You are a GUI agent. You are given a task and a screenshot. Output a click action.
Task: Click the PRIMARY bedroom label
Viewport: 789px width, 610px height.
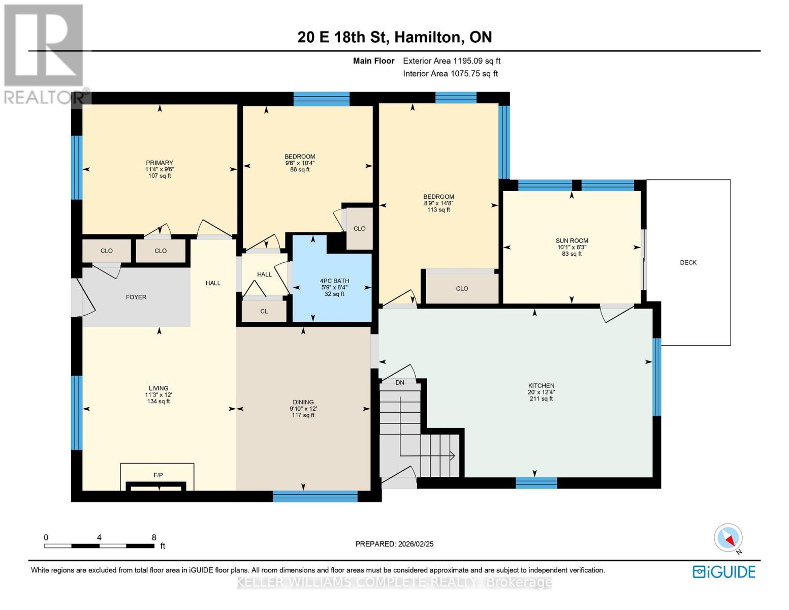pos(160,163)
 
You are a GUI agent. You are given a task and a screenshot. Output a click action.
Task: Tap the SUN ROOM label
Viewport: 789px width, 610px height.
pos(572,241)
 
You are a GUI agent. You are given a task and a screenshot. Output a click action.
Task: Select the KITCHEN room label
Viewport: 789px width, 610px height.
pos(541,386)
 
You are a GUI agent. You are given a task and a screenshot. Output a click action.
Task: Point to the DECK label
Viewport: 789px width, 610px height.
pos(688,262)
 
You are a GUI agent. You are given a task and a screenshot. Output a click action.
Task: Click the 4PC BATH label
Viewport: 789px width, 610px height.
pos(334,281)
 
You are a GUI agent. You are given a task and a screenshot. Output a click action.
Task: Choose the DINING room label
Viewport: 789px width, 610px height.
pos(303,402)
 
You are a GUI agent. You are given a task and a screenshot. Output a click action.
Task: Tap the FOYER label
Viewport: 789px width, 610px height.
pos(136,297)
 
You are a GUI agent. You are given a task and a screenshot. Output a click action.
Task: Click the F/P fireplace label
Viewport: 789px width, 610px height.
pos(158,475)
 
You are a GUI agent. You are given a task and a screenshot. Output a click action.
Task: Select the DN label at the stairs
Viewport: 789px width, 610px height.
pos(400,382)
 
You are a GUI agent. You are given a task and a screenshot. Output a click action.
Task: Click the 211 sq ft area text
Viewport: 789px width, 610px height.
pos(541,399)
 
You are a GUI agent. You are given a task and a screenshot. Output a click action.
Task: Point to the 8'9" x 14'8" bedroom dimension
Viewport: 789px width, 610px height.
pos(438,203)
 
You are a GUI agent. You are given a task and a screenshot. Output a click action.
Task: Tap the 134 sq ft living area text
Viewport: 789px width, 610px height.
pos(159,402)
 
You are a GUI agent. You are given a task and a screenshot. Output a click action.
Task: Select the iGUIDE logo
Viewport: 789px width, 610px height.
pos(724,572)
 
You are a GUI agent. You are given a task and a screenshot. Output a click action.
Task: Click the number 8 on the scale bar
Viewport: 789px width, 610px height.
pos(154,537)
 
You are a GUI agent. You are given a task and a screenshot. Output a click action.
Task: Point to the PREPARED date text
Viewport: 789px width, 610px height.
pos(394,544)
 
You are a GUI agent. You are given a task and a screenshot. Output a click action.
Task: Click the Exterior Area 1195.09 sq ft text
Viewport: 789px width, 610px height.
pos(452,61)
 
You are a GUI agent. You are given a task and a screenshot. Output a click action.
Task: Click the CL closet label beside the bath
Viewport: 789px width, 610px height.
pos(264,311)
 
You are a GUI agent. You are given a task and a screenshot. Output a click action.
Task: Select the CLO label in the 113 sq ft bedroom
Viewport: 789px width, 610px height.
pos(462,289)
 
